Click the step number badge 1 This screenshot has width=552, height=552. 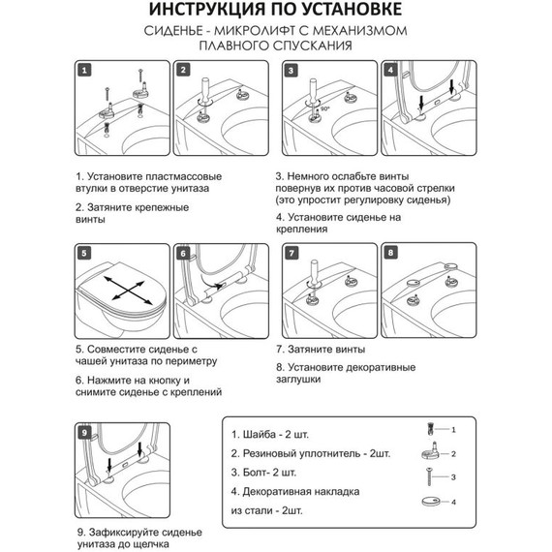pyautogui.click(x=84, y=70)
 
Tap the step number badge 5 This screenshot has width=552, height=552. pyautogui.click(x=84, y=253)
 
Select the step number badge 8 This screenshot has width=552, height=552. pyautogui.click(x=391, y=253)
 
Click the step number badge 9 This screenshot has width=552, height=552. pyautogui.click(x=84, y=432)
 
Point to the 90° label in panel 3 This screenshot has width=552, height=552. pyautogui.click(x=325, y=108)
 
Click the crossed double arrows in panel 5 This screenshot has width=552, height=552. pyautogui.click(x=128, y=291)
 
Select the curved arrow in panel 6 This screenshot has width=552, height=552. pyautogui.click(x=212, y=283)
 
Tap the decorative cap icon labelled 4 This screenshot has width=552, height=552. pyautogui.click(x=431, y=502)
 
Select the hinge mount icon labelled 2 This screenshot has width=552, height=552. pyautogui.click(x=430, y=451)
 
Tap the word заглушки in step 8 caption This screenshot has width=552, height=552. pyautogui.click(x=298, y=380)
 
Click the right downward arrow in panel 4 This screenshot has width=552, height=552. pyautogui.click(x=452, y=86)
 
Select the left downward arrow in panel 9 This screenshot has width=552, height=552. pyautogui.click(x=109, y=464)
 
